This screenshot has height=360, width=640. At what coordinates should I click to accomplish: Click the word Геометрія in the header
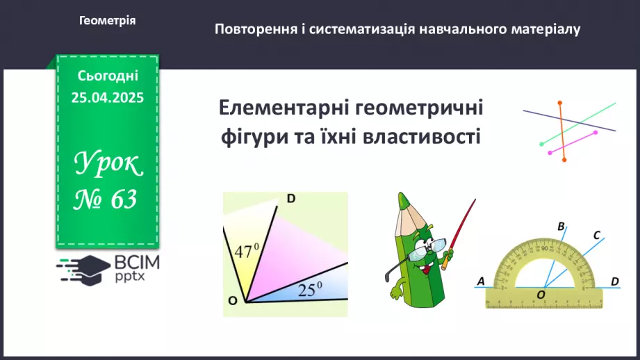[x=107, y=21]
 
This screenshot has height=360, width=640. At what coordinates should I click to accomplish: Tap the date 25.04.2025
[x=107, y=98]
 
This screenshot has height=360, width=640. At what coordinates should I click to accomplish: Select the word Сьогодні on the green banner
[x=108, y=75]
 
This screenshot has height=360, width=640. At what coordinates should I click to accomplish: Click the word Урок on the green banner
[x=108, y=165]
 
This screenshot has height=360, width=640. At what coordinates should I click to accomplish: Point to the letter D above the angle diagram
[x=291, y=199]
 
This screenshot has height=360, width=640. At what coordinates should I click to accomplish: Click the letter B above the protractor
[x=561, y=226]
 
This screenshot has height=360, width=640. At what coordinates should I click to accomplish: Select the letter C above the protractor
[x=596, y=235]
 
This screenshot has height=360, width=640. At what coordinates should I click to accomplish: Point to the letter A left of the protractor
[x=480, y=281]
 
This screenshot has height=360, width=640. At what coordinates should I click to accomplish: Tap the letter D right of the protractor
[x=614, y=281]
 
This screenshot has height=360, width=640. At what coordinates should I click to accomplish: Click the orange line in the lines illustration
[x=561, y=132]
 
